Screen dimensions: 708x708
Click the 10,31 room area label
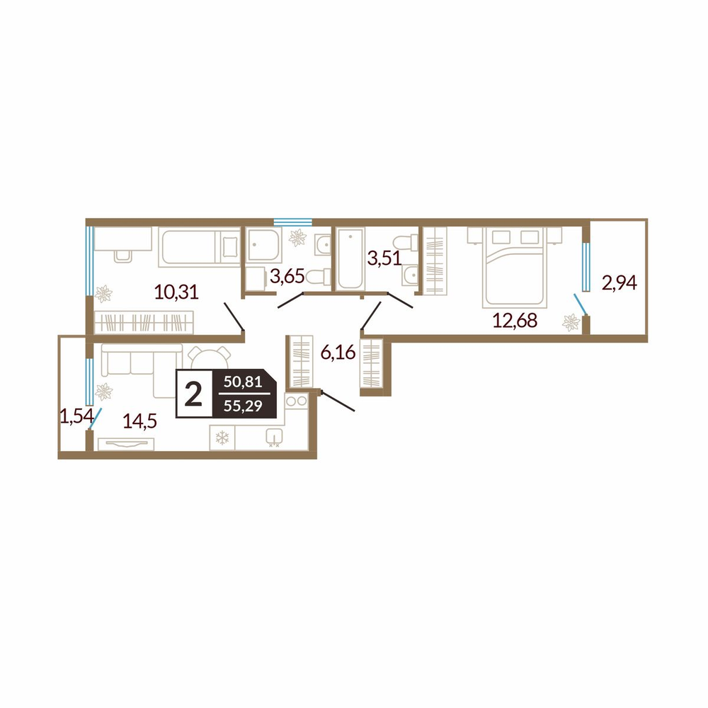point(176,292)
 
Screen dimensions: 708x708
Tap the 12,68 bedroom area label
point(515,320)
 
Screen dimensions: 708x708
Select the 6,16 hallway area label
point(338,352)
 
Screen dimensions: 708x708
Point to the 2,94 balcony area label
point(619,283)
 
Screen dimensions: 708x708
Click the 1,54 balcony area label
point(76,416)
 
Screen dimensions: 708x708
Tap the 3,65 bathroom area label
point(287,275)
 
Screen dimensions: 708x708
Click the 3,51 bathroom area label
point(384,258)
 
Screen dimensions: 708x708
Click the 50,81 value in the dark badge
point(243,382)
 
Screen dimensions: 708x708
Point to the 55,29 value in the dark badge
point(243,406)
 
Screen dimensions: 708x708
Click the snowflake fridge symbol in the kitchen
point(222,437)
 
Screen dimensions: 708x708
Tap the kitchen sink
point(274,437)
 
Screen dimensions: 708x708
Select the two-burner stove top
point(296,401)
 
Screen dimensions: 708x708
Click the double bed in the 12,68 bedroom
point(515,267)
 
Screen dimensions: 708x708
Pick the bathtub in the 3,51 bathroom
point(350,258)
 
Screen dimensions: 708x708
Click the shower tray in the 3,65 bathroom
point(263,244)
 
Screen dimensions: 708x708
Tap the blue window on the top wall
point(292,222)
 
